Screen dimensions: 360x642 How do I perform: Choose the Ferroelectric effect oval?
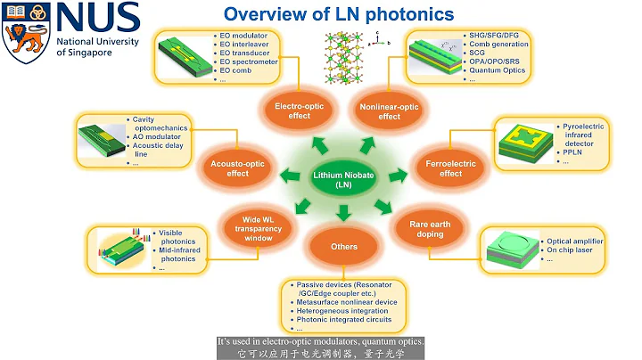point(439,168)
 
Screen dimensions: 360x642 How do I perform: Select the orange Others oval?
point(343,247)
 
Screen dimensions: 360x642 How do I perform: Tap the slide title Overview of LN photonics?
point(338,14)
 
